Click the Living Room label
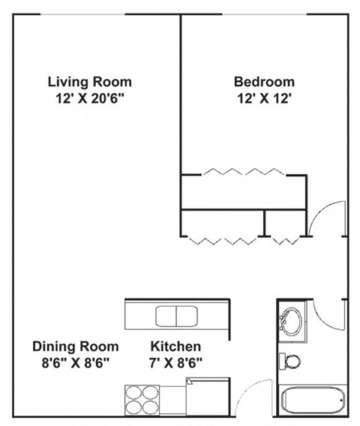pyautogui.click(x=89, y=82)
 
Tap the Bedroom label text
pyautogui.click(x=264, y=82)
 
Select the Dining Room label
pyautogui.click(x=75, y=346)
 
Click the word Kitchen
pyautogui.click(x=175, y=346)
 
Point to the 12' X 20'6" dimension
pyautogui.click(x=89, y=97)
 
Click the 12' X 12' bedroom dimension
pyautogui.click(x=264, y=97)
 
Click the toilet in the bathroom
pyautogui.click(x=289, y=361)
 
